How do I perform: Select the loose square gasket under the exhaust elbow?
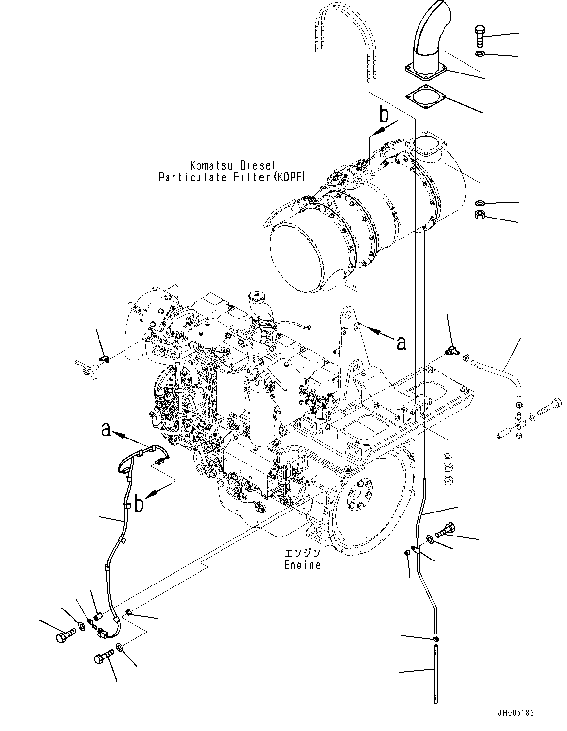pos(425,97)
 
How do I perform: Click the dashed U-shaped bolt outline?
pos(345,39)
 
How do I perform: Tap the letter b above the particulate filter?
pos(385,115)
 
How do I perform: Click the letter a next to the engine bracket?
pos(401,344)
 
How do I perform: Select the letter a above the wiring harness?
pos(104,430)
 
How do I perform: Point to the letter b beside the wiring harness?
pos(139,504)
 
